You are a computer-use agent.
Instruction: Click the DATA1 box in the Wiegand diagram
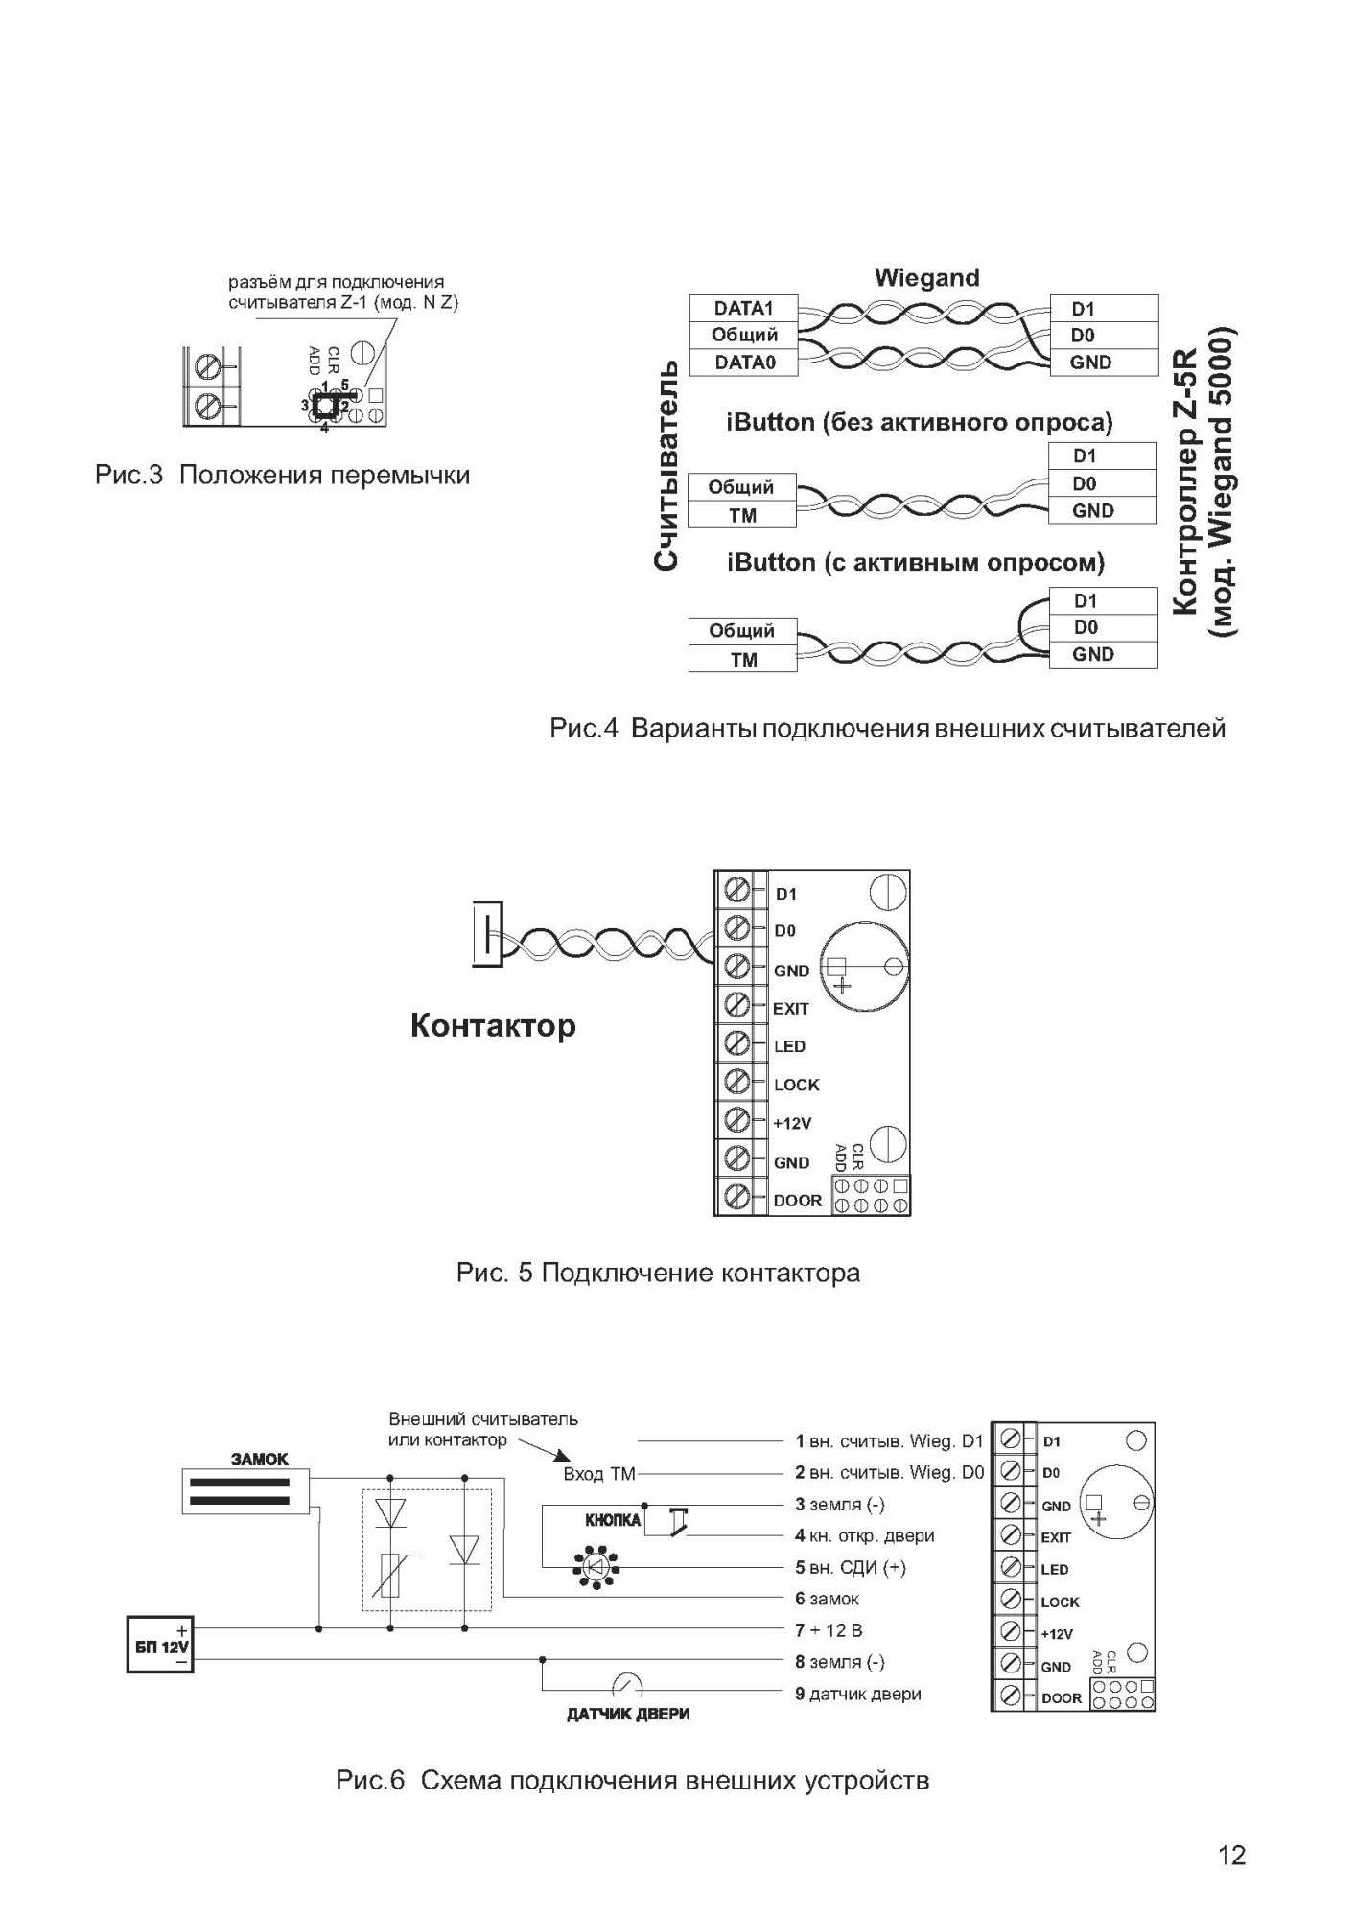(x=743, y=309)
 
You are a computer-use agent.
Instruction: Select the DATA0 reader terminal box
(x=743, y=363)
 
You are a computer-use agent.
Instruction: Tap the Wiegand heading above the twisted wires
(x=926, y=278)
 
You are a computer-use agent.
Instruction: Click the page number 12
(x=1231, y=1856)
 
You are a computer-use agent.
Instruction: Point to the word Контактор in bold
(x=493, y=1026)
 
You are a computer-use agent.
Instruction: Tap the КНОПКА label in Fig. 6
(x=613, y=1521)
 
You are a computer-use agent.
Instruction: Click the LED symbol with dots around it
(x=595, y=1568)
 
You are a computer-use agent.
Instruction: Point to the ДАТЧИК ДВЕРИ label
(x=628, y=1714)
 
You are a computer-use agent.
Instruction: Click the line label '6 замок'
(x=827, y=1599)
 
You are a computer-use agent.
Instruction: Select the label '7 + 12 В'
(x=829, y=1629)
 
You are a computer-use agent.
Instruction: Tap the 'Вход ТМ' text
(x=599, y=1474)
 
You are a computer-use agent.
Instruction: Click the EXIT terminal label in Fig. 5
(x=791, y=1008)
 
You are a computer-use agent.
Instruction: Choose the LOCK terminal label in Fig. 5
(x=797, y=1085)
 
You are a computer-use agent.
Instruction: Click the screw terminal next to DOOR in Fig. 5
(x=737, y=1198)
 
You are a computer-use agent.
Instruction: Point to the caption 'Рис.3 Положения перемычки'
(x=282, y=476)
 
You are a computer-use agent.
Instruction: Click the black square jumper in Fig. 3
(x=325, y=405)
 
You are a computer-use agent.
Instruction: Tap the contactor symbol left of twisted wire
(x=487, y=933)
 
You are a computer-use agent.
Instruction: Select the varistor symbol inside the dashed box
(x=390, y=1576)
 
